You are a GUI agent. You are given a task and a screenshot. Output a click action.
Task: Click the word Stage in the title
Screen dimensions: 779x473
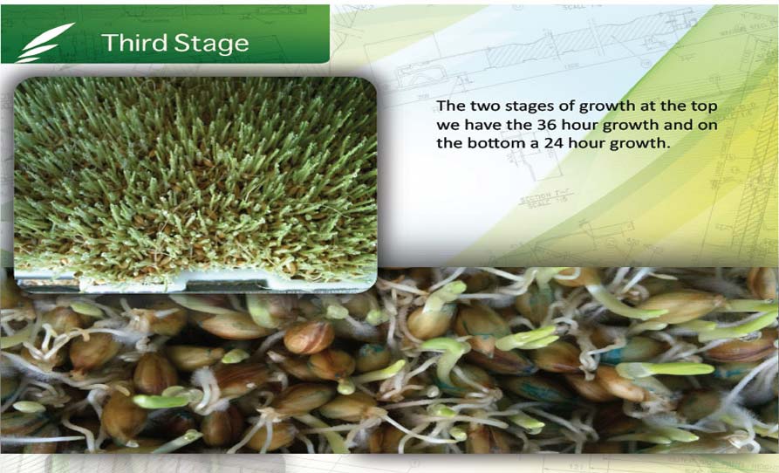212,44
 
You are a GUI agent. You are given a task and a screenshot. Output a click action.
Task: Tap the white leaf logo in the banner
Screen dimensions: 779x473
45,43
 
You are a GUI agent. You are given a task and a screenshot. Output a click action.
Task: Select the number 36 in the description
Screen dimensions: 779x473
546,124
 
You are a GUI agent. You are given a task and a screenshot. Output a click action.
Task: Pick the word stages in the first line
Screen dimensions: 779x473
526,106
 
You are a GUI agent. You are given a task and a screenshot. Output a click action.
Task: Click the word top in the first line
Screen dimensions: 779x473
705,106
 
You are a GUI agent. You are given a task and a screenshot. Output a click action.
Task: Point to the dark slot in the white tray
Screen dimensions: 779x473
227,285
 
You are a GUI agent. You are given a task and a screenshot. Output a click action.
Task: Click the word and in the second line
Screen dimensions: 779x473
678,124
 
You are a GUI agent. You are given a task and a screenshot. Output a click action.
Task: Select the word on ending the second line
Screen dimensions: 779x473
707,125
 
